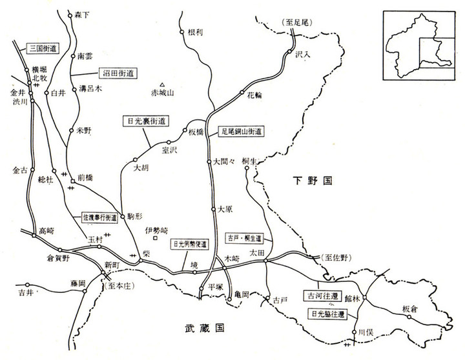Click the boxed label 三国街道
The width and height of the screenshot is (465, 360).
pos(43,47)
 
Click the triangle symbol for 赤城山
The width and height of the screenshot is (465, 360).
pos(163,84)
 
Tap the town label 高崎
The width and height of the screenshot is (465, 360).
pos(47,230)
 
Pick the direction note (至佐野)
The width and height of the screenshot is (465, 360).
pos(338,257)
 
